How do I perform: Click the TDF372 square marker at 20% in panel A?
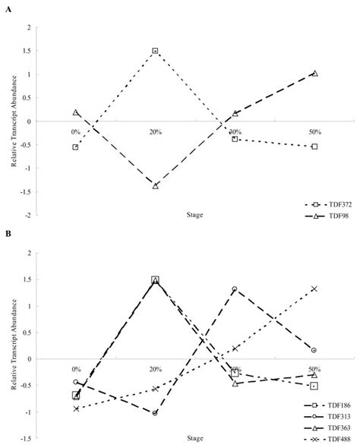(155, 51)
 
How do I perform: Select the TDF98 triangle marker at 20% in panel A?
(155, 186)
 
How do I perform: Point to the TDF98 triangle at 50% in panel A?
(314, 74)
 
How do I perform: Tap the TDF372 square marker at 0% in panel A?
(75, 147)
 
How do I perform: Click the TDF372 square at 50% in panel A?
(314, 147)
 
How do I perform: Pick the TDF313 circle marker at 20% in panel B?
(155, 413)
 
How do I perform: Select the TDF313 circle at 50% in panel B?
(314, 350)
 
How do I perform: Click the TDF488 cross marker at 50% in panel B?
(314, 289)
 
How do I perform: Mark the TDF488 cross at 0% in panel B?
(76, 409)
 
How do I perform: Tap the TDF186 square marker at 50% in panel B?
(314, 386)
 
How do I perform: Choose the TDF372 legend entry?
(328, 204)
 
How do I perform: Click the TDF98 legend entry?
(327, 216)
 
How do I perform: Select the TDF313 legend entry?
(327, 417)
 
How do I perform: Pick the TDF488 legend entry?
(327, 439)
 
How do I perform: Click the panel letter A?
(8, 9)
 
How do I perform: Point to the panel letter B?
(8, 234)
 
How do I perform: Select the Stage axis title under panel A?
(195, 215)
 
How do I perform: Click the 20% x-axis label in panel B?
(156, 370)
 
